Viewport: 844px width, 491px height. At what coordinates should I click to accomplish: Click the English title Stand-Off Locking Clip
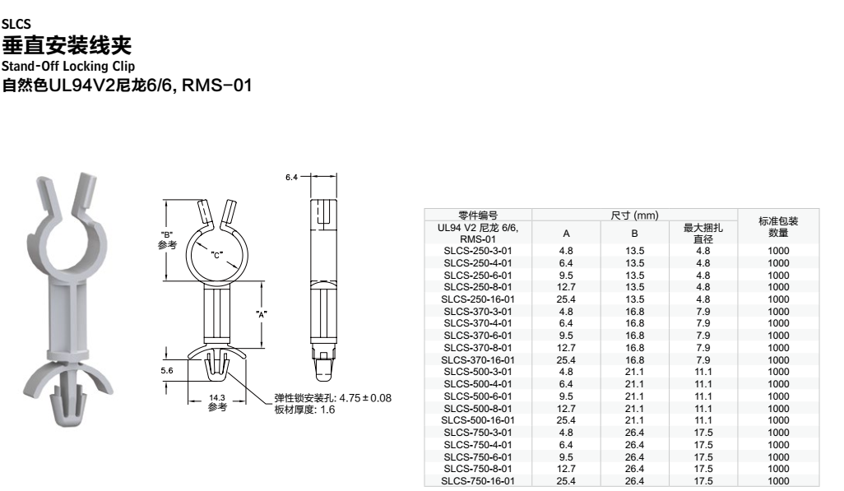(x=67, y=67)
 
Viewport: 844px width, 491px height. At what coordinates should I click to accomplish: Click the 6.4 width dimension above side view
(x=291, y=177)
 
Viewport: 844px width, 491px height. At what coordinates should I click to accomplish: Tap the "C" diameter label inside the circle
(x=216, y=255)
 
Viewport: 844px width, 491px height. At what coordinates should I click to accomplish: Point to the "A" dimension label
(x=262, y=314)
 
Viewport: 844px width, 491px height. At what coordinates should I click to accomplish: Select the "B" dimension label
(x=167, y=234)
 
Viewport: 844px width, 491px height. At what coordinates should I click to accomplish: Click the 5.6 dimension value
(x=167, y=370)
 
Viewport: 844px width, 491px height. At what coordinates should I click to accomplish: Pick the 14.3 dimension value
(x=217, y=398)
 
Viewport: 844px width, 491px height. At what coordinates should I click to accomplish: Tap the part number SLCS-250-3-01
(x=478, y=251)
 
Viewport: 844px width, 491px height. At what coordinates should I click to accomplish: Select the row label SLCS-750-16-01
(x=478, y=481)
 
